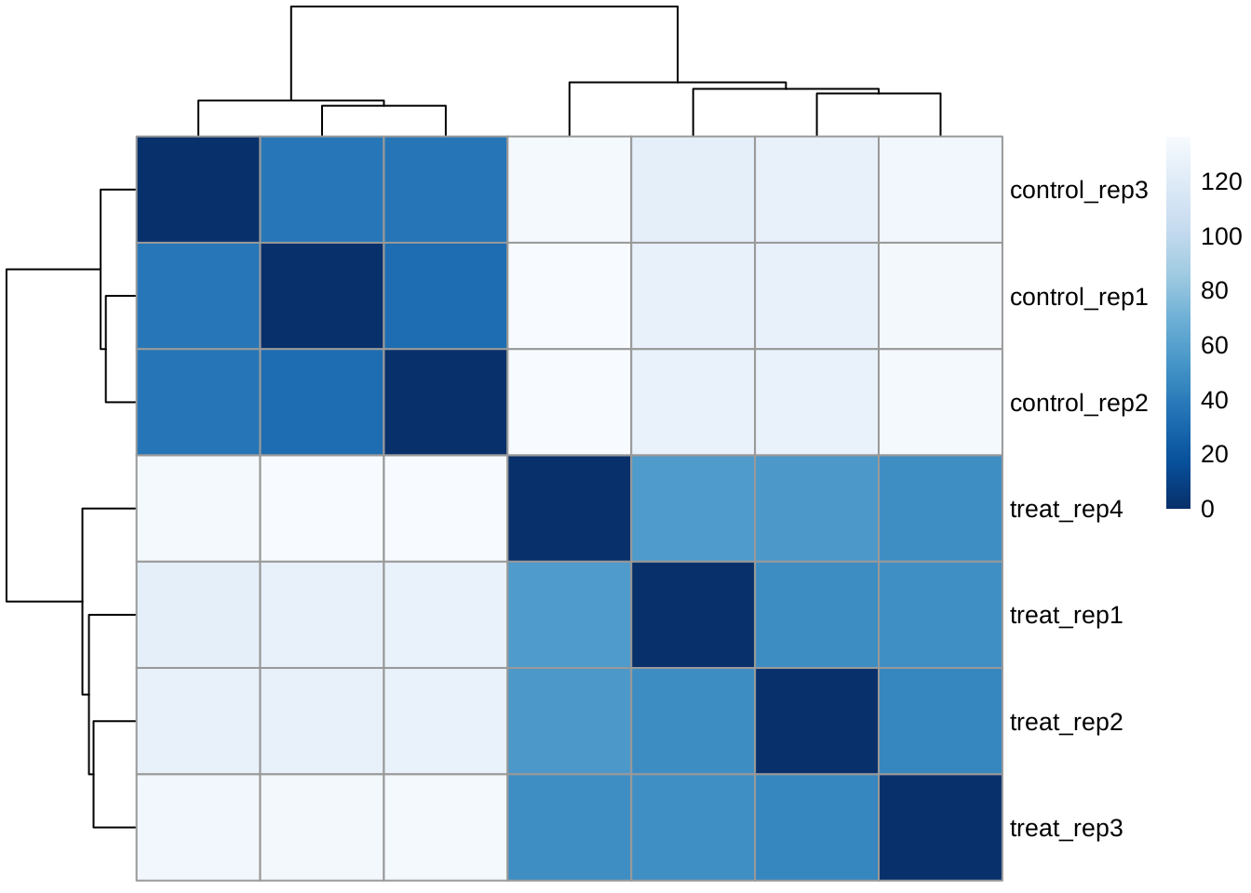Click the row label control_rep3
tap(1078, 190)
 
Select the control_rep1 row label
tap(1078, 297)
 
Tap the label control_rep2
tap(1078, 403)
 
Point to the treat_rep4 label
tap(1066, 509)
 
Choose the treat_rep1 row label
tap(1066, 615)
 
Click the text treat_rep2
tap(1066, 722)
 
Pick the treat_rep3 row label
tap(1066, 828)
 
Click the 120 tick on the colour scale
tap(1220, 181)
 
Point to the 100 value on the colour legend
tap(1220, 236)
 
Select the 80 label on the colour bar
tap(1214, 290)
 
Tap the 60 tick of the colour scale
tap(1214, 345)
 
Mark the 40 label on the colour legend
tap(1214, 400)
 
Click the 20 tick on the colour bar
tap(1214, 454)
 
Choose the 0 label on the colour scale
tap(1207, 509)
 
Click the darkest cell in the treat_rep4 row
tap(569, 509)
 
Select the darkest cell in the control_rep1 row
tap(321, 296)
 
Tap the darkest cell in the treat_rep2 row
tap(816, 721)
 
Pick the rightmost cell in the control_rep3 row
tap(940, 190)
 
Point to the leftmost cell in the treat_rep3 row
tap(198, 827)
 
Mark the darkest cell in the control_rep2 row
tap(445, 402)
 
